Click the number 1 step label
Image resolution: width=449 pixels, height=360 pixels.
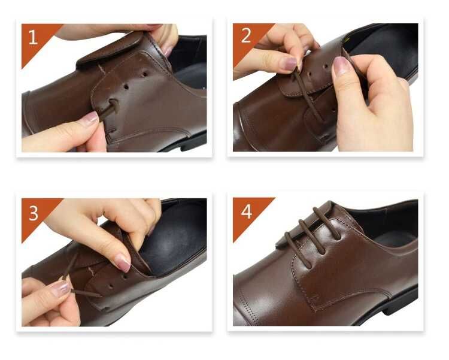coord(33,38)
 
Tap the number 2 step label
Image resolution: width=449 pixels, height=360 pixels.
coord(246,36)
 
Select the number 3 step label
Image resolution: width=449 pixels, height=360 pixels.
coord(34,213)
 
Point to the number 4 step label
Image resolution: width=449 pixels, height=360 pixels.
coord(246,211)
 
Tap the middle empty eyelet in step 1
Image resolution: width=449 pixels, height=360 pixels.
coord(126,86)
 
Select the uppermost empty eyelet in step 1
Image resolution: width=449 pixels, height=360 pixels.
coord(145,74)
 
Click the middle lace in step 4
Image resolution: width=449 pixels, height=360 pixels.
coord(312,237)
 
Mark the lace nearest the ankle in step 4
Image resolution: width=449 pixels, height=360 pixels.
coord(327,223)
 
